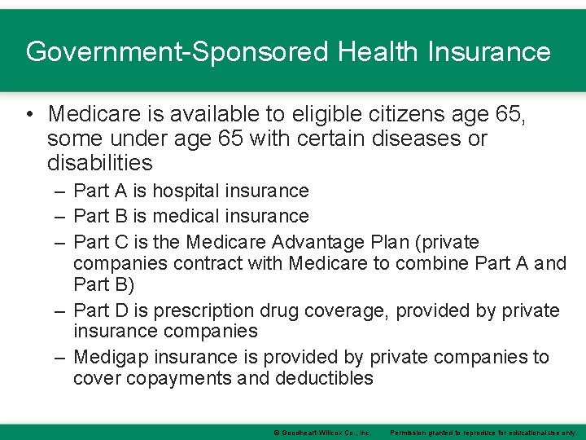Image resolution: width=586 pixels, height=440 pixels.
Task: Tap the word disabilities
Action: point(100,163)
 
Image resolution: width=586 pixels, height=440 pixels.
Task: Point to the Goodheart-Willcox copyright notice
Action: point(322,432)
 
